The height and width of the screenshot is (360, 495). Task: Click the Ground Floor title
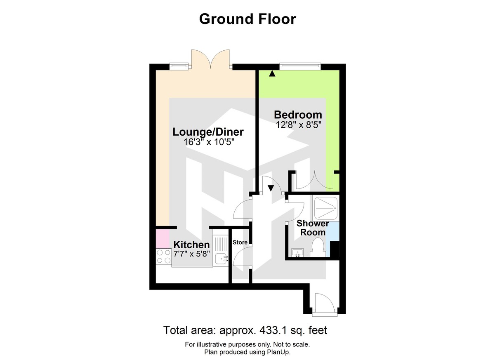click(x=247, y=19)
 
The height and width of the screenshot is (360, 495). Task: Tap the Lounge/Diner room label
click(x=208, y=132)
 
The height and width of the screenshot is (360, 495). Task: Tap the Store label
click(x=240, y=242)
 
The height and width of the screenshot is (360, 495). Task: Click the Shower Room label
click(x=313, y=228)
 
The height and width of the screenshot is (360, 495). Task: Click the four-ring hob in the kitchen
click(x=164, y=257)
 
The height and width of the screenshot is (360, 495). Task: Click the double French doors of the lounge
click(x=210, y=59)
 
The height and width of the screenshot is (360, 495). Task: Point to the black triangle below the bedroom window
click(x=272, y=74)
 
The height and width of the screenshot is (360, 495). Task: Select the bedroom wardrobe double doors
click(x=315, y=180)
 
